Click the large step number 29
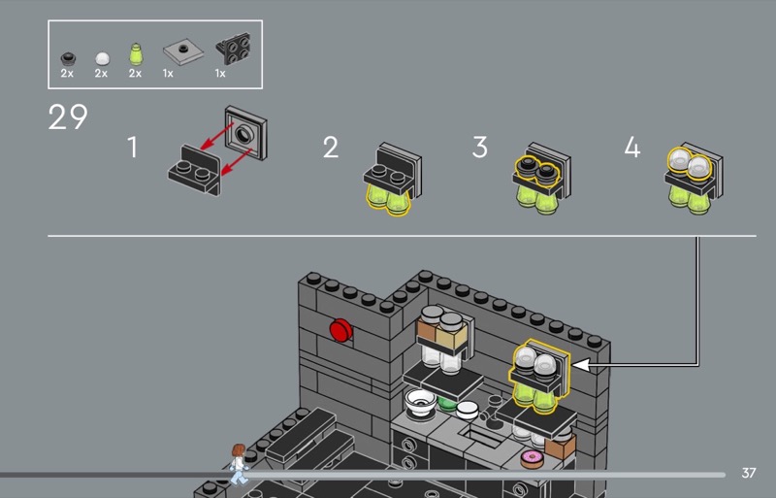pos(68,116)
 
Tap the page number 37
pos(749,473)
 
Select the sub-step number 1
pos(132,148)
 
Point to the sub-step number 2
pos(331,148)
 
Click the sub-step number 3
pos(479,148)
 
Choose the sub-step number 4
pos(632,148)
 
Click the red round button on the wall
pos(341,330)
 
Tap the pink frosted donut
pos(532,458)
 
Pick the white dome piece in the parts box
pos(103,58)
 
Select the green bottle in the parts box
pos(136,54)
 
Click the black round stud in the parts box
pos(68,59)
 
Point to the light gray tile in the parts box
pos(183,51)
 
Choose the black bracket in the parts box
pos(234,49)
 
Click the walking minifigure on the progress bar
pos(239,464)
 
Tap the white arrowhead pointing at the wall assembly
pos(580,365)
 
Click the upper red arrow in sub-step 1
pos(216,136)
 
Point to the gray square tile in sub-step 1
pos(246,133)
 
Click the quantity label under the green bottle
pos(135,74)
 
